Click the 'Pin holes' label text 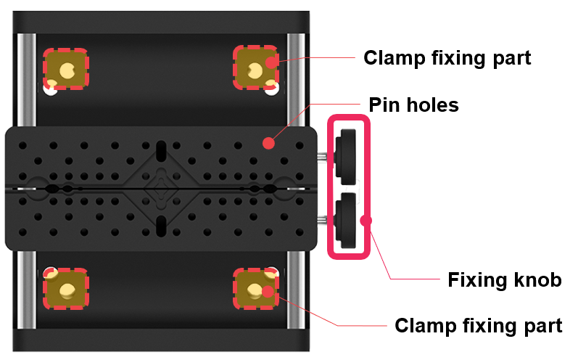[413, 105]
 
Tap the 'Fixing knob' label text [505, 279]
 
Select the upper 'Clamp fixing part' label [447, 58]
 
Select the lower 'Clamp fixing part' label [479, 326]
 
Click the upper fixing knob [346, 156]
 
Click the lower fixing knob [346, 220]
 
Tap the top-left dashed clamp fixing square [66, 69]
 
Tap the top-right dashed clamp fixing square [255, 67]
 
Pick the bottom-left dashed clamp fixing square [66, 288]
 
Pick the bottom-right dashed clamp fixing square [255, 288]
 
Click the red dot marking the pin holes [269, 143]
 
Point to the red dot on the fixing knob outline [366, 221]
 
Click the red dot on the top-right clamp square [272, 62]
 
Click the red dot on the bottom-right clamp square [268, 291]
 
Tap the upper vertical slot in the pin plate [161, 151]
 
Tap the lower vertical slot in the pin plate [161, 226]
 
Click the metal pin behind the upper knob [322, 156]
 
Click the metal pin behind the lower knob [322, 220]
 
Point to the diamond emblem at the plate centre [161, 189]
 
